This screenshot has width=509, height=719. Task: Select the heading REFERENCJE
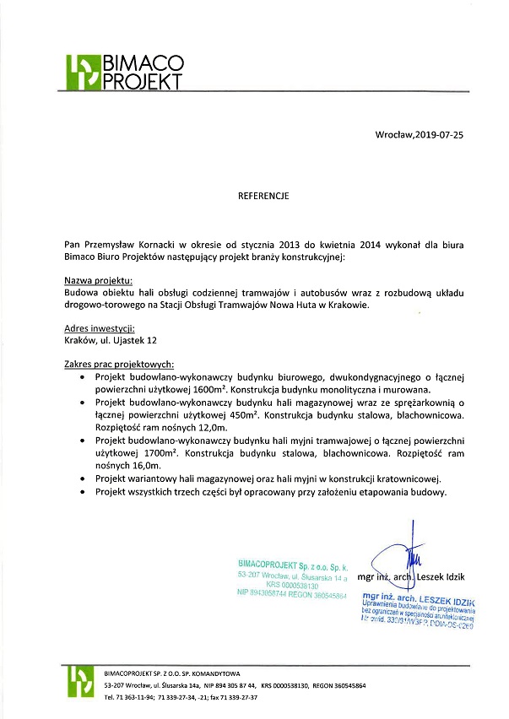263,196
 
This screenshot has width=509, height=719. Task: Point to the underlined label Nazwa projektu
99,279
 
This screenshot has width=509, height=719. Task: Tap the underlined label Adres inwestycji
100,328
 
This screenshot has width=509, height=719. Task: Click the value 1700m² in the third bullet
154,453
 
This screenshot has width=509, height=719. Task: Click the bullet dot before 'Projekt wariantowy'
81,478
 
